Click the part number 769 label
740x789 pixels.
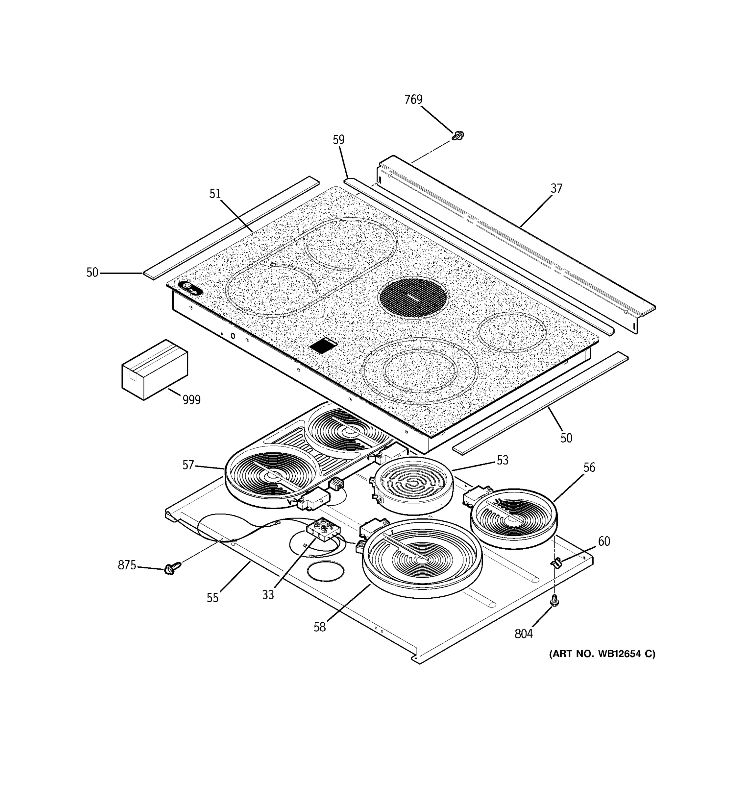(x=413, y=99)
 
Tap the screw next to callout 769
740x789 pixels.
(x=458, y=136)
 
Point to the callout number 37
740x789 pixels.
(x=556, y=188)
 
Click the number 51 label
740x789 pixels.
(x=215, y=194)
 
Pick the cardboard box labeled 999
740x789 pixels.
(x=154, y=369)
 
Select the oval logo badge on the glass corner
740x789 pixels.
(x=190, y=288)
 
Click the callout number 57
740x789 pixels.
(x=188, y=465)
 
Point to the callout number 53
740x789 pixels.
(x=502, y=460)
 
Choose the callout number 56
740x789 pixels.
(x=589, y=467)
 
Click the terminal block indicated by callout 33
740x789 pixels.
(x=323, y=530)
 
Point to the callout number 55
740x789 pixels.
(x=212, y=598)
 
